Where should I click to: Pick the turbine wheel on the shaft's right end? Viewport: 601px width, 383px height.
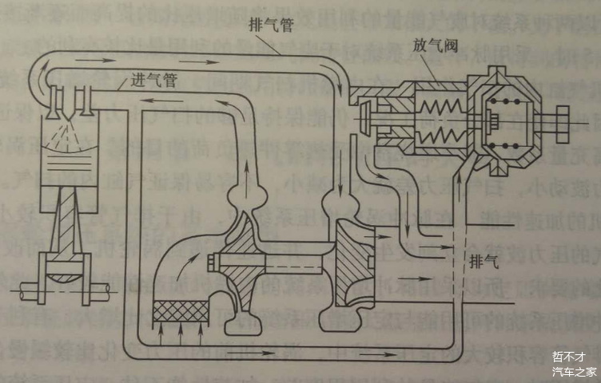pos(348,264)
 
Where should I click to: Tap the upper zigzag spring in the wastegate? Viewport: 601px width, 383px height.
pos(439,101)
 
